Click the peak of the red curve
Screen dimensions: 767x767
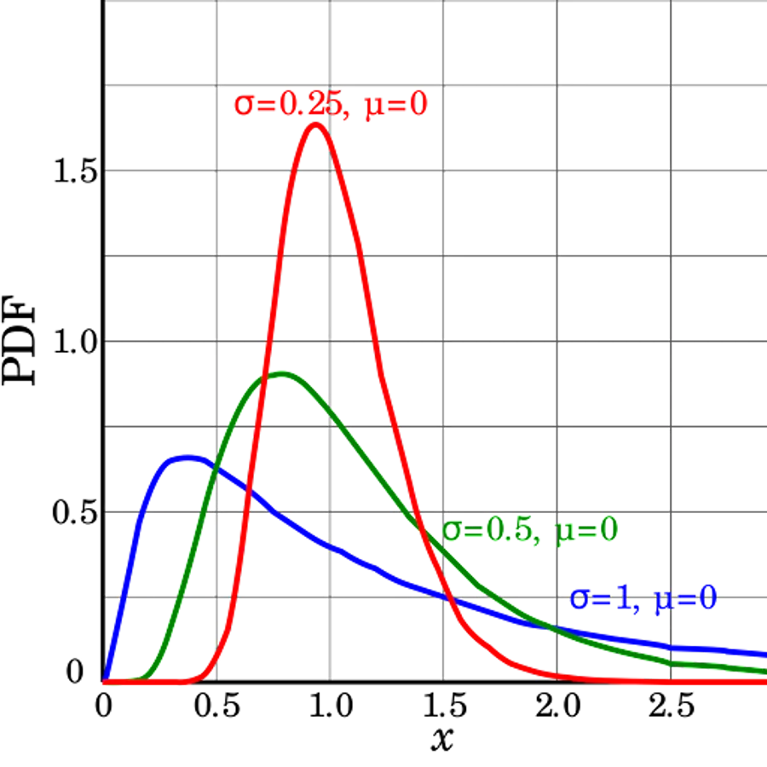tap(315, 125)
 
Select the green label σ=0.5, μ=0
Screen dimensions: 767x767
tap(530, 532)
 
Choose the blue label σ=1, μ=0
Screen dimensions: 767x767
tap(643, 599)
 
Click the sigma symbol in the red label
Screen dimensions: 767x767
tap(243, 107)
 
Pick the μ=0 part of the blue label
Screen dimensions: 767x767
tap(684, 599)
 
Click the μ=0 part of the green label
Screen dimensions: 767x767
tap(588, 532)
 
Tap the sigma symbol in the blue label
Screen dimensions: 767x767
tap(579, 600)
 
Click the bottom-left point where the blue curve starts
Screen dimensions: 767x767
tap(106, 682)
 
